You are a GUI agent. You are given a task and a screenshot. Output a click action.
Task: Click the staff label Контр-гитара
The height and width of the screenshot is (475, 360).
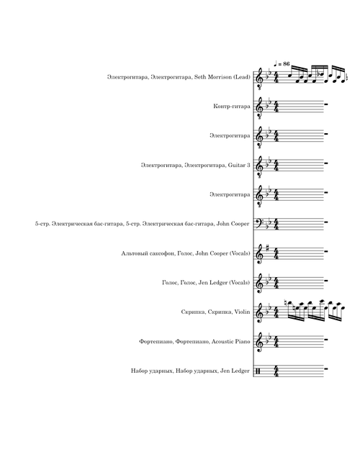pos(232,107)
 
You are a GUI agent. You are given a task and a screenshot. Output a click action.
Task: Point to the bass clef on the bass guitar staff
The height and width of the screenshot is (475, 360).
pos(258,224)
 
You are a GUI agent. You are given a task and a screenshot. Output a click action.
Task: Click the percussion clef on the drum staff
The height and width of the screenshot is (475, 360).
pos(258,371)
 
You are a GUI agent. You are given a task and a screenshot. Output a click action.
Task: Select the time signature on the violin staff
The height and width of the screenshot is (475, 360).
pos(276,312)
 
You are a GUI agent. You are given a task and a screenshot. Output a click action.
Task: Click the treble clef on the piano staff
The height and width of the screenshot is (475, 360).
pos(258,342)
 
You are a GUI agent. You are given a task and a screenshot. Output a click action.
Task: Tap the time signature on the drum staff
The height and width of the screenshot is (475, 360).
pos(276,371)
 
